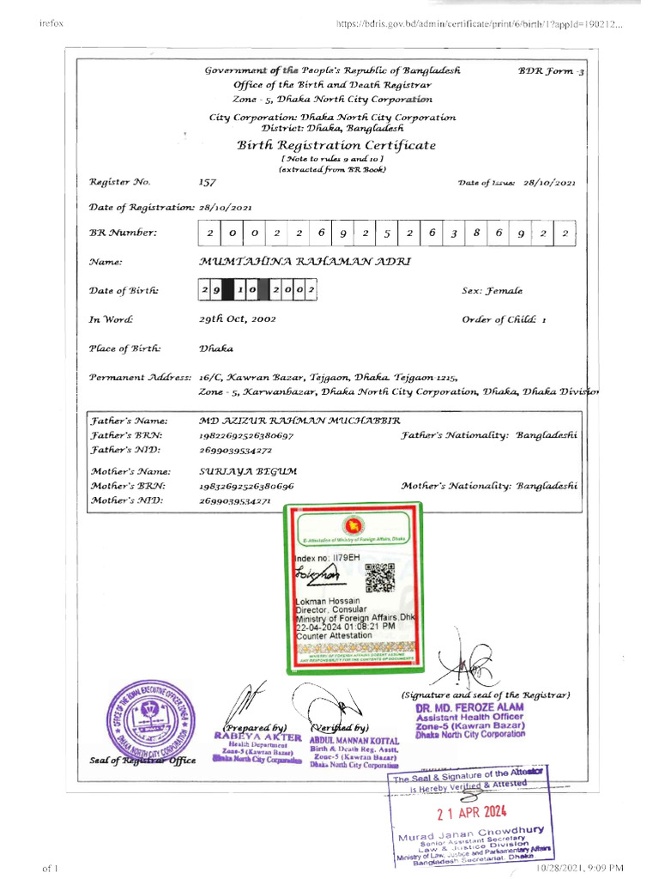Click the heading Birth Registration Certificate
point(336,145)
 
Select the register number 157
point(207,182)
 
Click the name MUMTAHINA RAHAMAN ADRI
point(305,261)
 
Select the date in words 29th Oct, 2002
point(236,319)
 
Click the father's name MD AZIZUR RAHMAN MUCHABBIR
point(299,421)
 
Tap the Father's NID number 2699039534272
point(235,450)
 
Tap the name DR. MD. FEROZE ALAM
point(468,706)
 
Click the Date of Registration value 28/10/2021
point(225,207)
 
